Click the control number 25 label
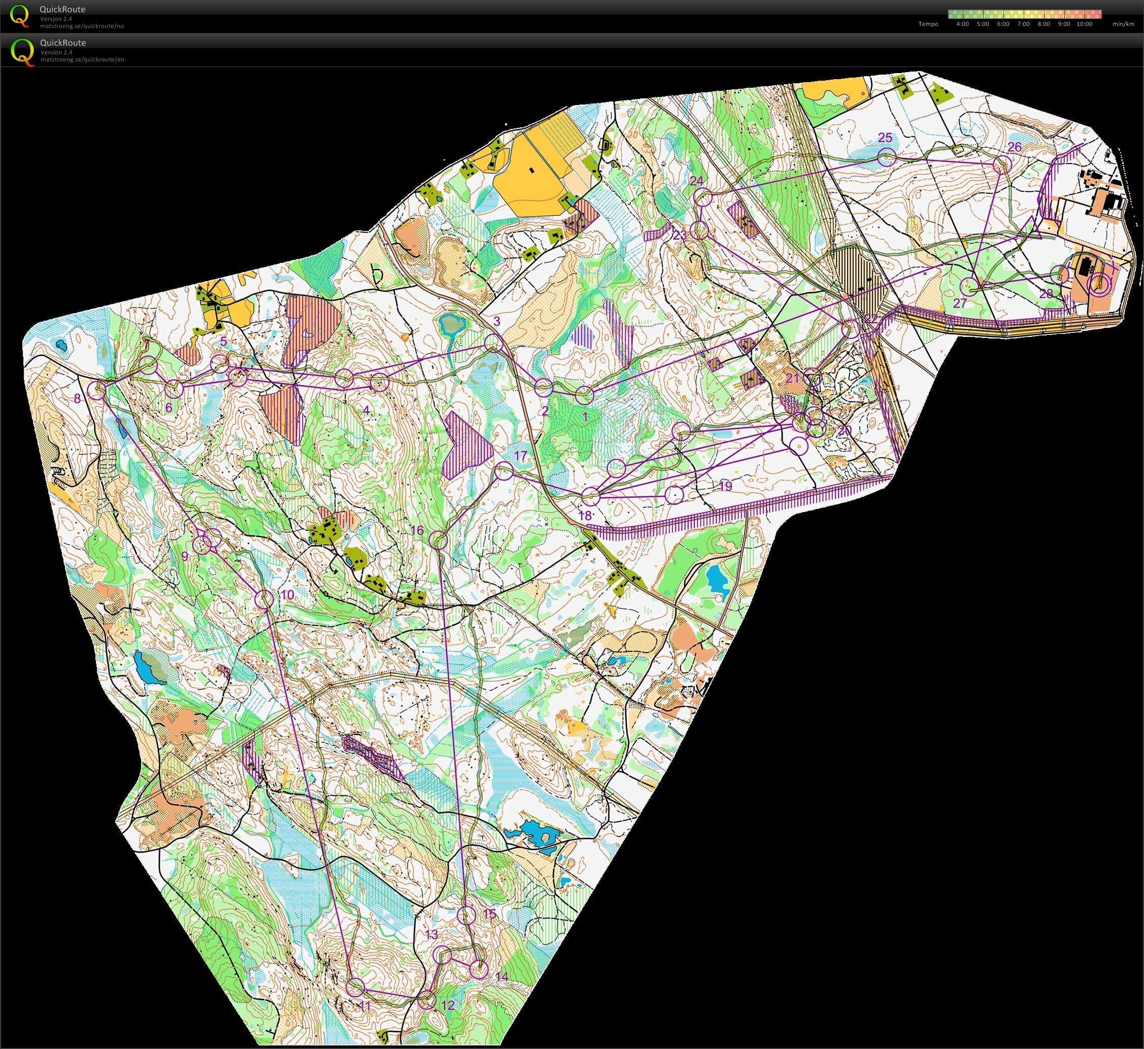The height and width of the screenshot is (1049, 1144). click(885, 138)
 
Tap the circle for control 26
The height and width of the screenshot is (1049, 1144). click(1002, 164)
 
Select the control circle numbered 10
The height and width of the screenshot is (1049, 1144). click(264, 598)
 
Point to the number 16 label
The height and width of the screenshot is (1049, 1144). click(417, 530)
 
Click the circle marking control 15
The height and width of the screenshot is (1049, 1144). click(466, 915)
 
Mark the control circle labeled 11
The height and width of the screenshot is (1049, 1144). click(355, 987)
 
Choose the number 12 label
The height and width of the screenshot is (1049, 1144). click(447, 1005)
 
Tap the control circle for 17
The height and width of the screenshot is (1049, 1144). click(504, 471)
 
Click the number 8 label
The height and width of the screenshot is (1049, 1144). click(77, 398)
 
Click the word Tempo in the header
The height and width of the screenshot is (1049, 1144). click(928, 24)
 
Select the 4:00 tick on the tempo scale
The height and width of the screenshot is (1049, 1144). click(962, 24)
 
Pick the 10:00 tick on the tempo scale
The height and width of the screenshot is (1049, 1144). click(1084, 24)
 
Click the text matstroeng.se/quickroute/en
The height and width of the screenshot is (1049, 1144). click(82, 59)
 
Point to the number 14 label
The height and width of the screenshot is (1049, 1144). click(502, 976)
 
